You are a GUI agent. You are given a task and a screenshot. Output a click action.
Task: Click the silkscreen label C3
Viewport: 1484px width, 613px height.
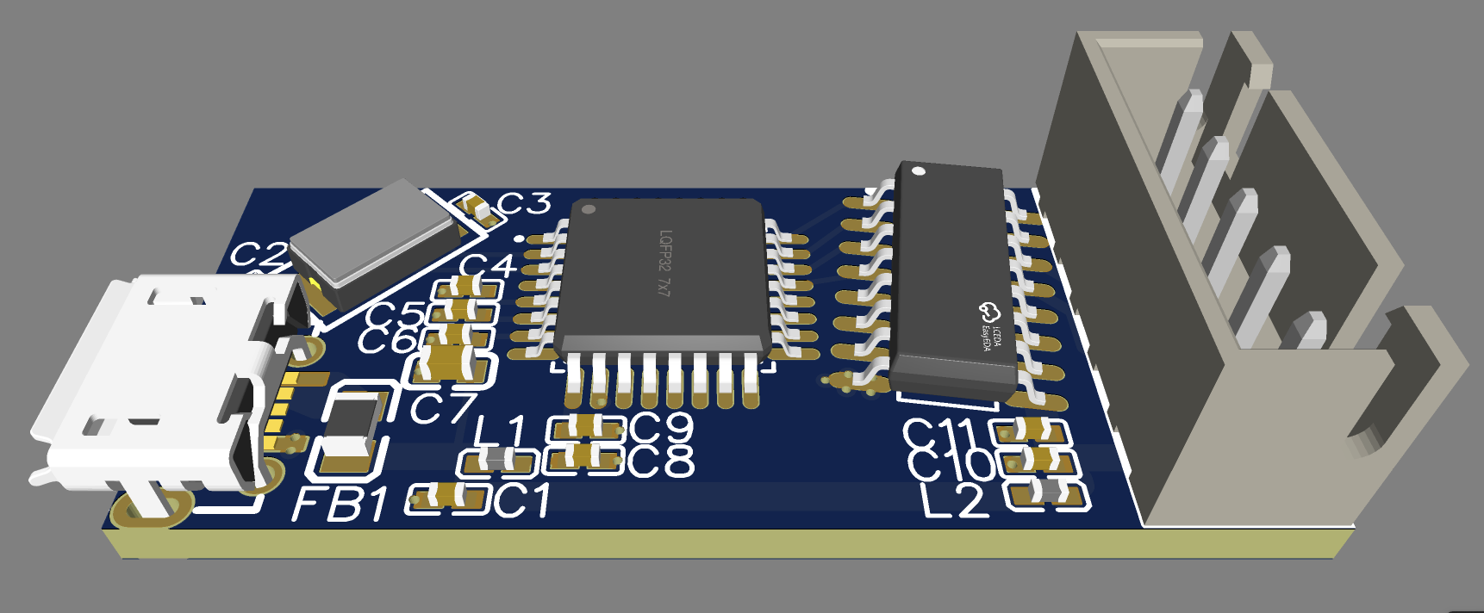tap(525, 204)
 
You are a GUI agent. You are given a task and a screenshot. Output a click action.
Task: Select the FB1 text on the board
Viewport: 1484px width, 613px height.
tap(340, 504)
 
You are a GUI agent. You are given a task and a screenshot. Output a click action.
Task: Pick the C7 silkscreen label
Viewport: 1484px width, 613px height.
tap(443, 408)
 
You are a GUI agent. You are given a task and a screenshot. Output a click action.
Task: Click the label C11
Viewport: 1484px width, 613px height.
tap(939, 435)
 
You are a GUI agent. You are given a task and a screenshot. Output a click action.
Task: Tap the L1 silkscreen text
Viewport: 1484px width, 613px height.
tap(500, 431)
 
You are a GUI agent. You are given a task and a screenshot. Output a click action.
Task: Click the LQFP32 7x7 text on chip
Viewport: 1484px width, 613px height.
tap(664, 263)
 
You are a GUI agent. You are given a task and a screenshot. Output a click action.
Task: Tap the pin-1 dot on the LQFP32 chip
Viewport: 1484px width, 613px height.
tap(589, 209)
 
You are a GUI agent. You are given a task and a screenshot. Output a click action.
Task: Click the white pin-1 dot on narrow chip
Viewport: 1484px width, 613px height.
tap(919, 171)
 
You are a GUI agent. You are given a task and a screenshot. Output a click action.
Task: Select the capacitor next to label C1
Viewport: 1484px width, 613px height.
tap(448, 497)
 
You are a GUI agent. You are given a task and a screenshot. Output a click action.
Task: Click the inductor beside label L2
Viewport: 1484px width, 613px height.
tap(1045, 492)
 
